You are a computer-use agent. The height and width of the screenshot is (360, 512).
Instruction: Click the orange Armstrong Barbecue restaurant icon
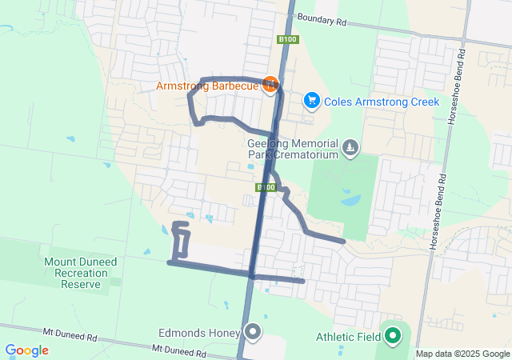coord(270,83)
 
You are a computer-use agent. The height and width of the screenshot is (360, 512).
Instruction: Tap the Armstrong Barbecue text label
coord(207,86)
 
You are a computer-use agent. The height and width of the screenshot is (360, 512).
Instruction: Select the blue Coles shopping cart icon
coord(311,101)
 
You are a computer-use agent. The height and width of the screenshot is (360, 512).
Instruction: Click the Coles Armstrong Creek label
coord(382,102)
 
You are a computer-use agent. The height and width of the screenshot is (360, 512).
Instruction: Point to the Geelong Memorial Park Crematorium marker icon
coord(350,148)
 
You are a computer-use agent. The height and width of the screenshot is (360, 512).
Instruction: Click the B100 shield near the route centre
coord(266,187)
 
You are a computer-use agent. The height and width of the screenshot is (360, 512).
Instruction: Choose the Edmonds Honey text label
coord(199,333)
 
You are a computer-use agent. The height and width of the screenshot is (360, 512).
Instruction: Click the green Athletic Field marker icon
coord(392,336)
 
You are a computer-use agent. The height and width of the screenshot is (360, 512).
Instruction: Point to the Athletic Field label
coord(348,337)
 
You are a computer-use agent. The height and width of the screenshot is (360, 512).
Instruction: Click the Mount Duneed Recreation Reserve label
coord(74,273)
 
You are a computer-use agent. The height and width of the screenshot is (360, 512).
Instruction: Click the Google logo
coord(26,350)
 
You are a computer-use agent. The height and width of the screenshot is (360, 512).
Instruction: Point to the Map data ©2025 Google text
coord(462,354)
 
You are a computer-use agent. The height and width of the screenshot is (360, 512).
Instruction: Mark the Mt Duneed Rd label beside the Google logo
coord(179,351)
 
